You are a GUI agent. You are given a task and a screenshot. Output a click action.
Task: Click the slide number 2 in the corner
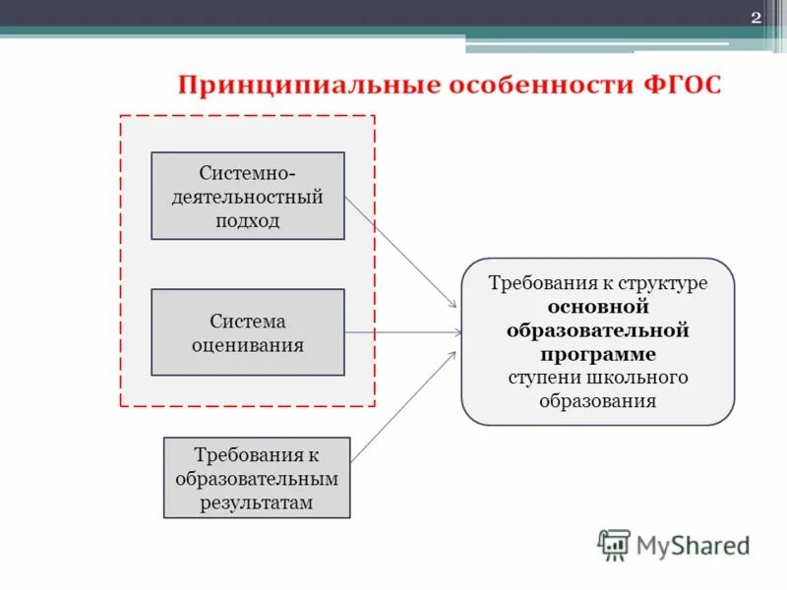pos(756,18)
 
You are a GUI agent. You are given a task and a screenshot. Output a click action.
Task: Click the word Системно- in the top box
pos(248,173)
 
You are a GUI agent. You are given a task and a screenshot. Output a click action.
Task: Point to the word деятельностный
pos(248,197)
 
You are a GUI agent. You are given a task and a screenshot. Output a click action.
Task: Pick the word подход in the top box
pos(248,220)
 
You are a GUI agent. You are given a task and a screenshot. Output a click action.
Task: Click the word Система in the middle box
pos(248,322)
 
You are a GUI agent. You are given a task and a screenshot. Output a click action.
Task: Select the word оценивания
pos(248,345)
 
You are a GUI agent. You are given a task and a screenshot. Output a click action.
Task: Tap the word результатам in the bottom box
pos(257,502)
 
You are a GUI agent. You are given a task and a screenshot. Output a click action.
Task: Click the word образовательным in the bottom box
pos(257,479)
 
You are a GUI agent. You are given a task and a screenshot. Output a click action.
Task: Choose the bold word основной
pos(598,306)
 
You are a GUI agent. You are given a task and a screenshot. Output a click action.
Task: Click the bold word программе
pos(598,353)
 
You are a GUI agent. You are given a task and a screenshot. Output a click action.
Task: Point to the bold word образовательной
pos(598,329)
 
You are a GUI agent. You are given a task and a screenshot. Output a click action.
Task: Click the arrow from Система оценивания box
pos(403,332)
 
